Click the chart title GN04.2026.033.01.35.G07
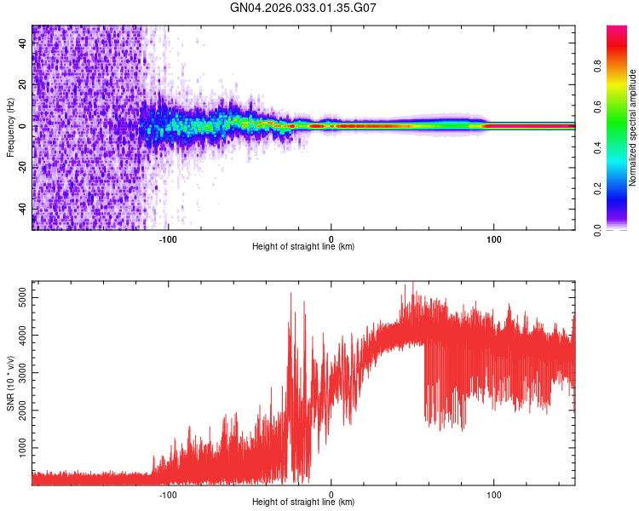tap(303, 9)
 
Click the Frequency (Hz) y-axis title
tap(10, 128)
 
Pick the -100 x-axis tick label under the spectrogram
tap(168, 238)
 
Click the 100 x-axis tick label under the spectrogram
tap(493, 238)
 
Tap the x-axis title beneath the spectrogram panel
tap(303, 247)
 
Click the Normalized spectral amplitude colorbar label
tap(633, 128)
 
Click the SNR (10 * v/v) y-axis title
tap(10, 383)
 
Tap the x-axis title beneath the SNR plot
tap(303, 502)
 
